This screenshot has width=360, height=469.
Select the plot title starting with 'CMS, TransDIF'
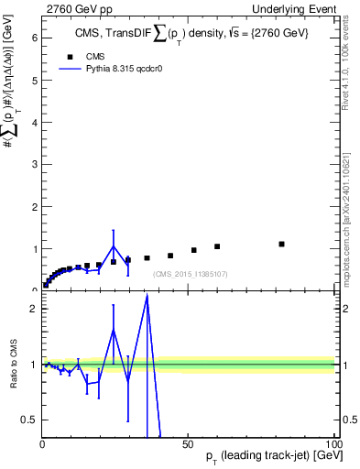point(189,36)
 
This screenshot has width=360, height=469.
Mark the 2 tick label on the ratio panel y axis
point(33,308)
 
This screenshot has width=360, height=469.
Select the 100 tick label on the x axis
point(332,443)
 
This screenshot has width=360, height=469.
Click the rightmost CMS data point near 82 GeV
point(281,244)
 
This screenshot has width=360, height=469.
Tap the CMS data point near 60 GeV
point(217,246)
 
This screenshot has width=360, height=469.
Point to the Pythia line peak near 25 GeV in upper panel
point(114,245)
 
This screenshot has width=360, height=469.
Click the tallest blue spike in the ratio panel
point(147,296)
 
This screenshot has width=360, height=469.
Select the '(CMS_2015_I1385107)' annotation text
point(191,274)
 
